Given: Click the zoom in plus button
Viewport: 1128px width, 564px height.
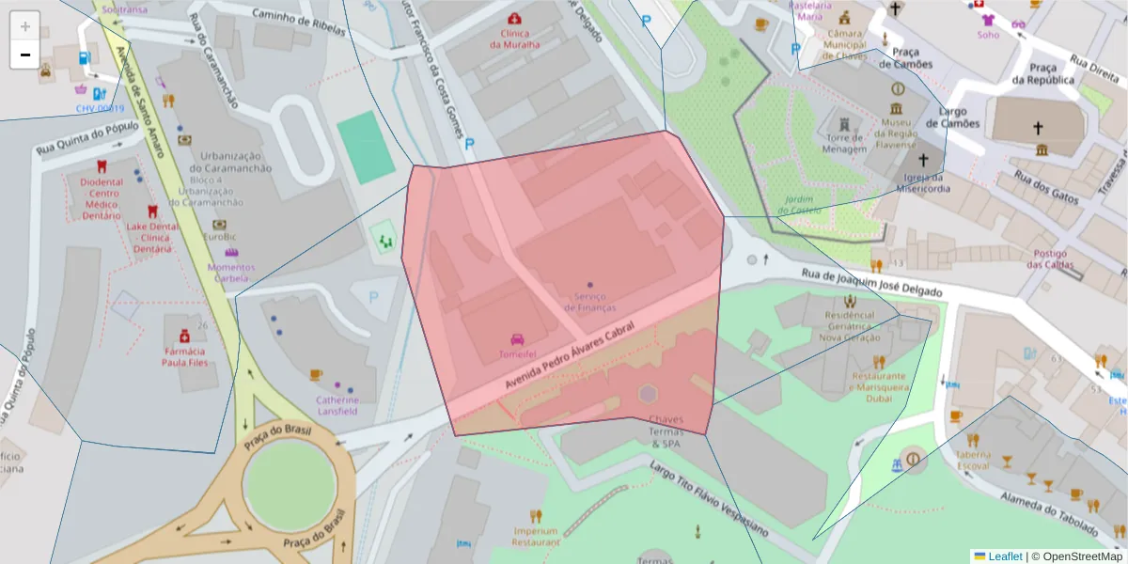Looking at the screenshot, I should click(x=25, y=26).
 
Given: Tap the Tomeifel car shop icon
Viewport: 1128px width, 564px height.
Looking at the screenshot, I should click(x=517, y=339).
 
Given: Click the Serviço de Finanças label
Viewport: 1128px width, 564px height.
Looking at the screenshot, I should click(x=589, y=302).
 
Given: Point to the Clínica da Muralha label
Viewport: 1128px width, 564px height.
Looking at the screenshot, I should click(x=514, y=39).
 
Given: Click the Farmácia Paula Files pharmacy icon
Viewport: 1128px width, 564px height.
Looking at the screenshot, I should click(x=184, y=336).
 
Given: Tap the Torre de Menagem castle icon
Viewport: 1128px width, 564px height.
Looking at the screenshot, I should click(x=843, y=124).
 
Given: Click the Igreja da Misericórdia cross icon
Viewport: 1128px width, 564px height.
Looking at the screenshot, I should click(x=923, y=161).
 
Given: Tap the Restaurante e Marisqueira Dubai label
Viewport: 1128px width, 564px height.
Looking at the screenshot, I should click(x=878, y=383).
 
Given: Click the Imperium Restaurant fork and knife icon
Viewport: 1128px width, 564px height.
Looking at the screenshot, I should click(x=535, y=516).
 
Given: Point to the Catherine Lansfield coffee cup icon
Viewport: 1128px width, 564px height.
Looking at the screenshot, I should click(x=316, y=375).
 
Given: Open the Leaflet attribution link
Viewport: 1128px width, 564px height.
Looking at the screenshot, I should click(x=1005, y=556).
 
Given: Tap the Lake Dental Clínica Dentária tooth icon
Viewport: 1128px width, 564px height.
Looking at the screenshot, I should click(x=151, y=212).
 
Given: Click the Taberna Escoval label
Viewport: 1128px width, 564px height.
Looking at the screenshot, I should click(x=973, y=460).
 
